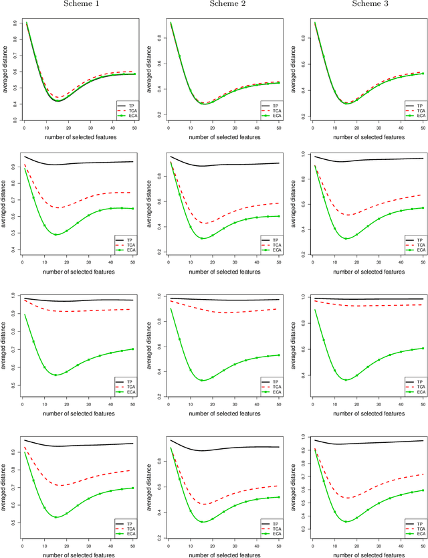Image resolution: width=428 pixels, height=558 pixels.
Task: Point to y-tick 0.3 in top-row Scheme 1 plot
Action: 14,120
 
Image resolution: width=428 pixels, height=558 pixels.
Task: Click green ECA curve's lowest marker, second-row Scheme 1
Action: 56,234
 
